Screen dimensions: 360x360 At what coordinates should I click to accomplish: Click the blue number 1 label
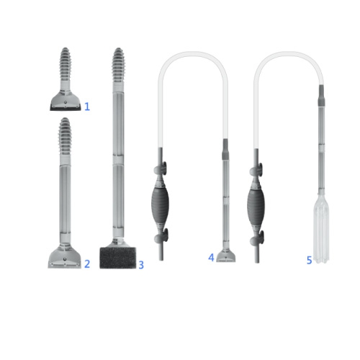[x=87, y=107]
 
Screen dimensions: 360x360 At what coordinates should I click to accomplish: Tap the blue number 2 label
[x=87, y=264]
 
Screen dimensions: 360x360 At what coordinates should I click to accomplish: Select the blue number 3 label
[x=141, y=265]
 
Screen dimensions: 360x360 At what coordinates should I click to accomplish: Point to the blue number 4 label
[x=211, y=258]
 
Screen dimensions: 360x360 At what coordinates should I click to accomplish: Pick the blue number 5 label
[x=310, y=260]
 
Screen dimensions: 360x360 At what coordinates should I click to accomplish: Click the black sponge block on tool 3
[x=117, y=258]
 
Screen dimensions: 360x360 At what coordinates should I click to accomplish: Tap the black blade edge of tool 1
[x=66, y=109]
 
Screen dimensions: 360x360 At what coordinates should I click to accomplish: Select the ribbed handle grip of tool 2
[x=65, y=135]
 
